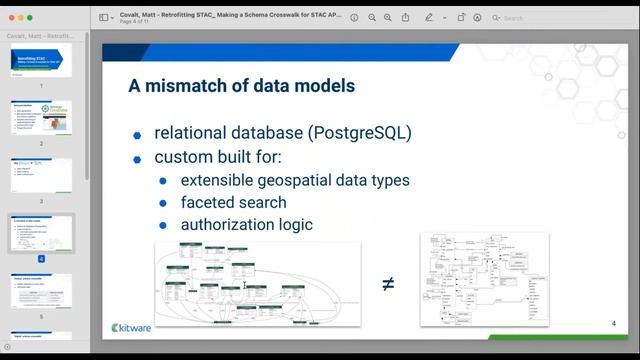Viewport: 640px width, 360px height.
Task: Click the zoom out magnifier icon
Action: pos(372,17)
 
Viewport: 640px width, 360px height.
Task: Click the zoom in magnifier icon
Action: pos(388,17)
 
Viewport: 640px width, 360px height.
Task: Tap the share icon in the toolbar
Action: pos(405,17)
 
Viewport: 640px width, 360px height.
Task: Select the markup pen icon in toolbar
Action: pos(429,17)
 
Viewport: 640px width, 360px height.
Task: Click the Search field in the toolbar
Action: pos(540,17)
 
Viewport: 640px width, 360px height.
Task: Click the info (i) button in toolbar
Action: pos(354,17)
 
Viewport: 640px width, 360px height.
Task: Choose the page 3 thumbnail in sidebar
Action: pos(41,175)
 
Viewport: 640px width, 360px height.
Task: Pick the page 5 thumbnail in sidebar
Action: pos(41,290)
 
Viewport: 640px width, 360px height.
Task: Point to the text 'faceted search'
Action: pos(233,203)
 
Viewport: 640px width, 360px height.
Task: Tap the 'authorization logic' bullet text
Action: pos(246,225)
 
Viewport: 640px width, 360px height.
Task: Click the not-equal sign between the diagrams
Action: pos(388,284)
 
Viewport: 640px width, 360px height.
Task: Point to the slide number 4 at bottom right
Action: pos(613,324)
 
